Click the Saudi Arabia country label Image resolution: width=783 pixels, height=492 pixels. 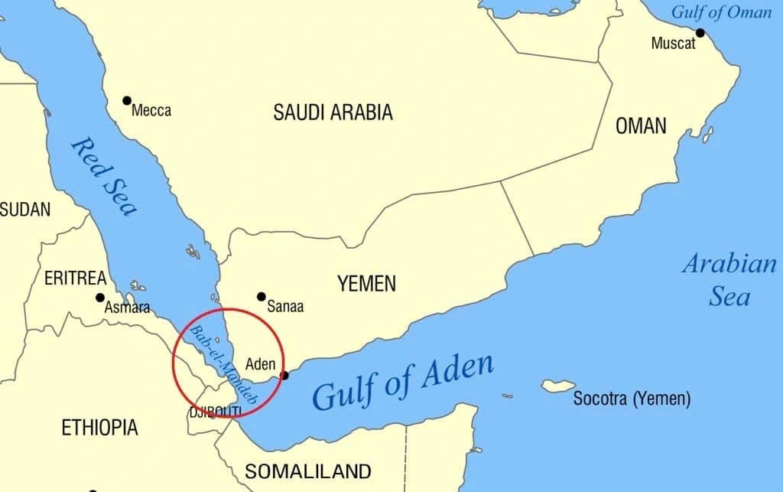pos(333,112)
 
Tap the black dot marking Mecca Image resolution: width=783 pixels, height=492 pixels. pos(127,100)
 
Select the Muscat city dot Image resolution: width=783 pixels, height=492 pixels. pos(700,32)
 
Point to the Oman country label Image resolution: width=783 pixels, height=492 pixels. pos(641,125)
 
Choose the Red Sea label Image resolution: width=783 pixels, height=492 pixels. pos(104,176)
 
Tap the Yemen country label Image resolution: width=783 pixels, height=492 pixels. pos(367,284)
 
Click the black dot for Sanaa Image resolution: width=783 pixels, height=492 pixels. pos(262,296)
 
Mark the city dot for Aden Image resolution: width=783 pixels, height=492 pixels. pos(285,375)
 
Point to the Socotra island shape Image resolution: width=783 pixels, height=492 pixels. pos(558,386)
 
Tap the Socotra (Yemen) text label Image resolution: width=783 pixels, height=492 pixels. pos(632,399)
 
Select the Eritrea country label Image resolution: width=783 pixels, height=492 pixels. pos(75,279)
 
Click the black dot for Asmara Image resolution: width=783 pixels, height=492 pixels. pos(99,298)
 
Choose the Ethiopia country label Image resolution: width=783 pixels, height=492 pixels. pos(99,427)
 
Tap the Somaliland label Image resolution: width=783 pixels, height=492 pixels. pos(307,471)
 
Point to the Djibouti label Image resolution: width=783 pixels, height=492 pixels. pos(215,412)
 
